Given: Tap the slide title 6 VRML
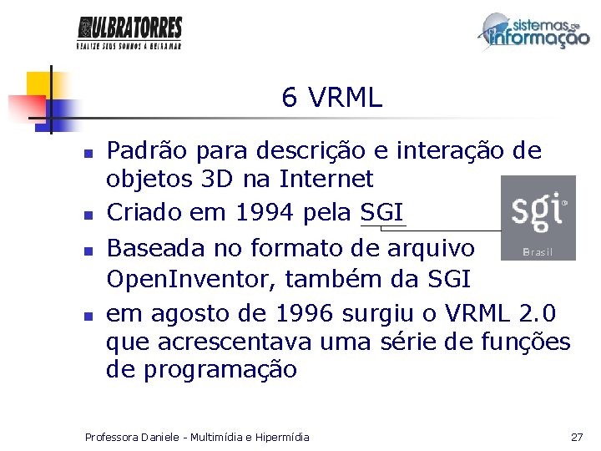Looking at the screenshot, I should point(331,99).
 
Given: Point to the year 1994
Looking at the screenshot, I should point(264,213).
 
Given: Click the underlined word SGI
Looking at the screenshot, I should point(382,213).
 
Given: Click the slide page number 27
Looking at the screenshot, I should point(576,437).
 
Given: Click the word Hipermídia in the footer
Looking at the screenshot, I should point(281,437).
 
